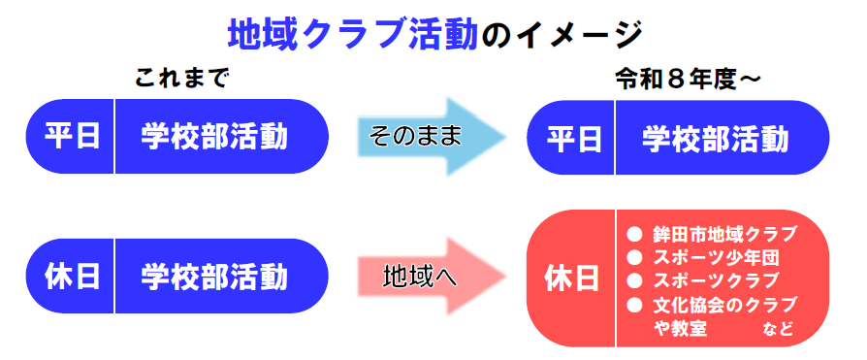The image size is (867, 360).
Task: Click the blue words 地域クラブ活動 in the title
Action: point(353,35)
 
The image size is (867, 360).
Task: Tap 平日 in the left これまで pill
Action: point(73,137)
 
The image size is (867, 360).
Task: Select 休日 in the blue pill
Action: point(73,276)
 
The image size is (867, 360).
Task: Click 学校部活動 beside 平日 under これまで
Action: point(214,137)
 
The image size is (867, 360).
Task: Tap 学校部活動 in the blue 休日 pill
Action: point(214,276)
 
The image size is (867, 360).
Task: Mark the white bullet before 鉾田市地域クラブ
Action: point(635,234)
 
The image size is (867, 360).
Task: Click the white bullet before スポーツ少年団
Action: point(635,257)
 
